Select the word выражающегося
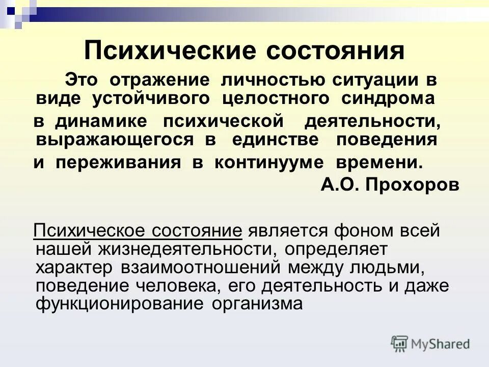115,140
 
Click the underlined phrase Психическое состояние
138,230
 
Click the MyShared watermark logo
430,344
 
